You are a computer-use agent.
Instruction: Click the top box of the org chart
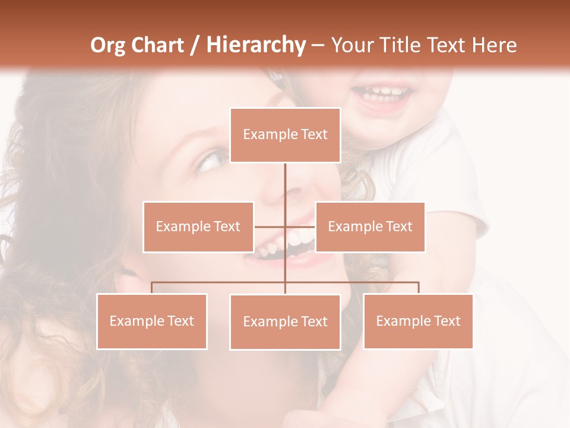(285, 135)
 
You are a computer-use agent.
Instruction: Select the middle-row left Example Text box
(198, 226)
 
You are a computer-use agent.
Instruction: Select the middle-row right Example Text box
(370, 226)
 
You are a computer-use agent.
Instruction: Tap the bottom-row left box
(151, 322)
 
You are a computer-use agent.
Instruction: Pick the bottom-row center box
(285, 322)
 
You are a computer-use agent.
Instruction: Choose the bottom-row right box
(418, 321)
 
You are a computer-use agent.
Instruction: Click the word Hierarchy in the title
(255, 45)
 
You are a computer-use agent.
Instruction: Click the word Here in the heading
(494, 45)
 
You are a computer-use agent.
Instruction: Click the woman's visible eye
(210, 160)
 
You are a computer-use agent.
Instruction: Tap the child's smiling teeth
(382, 92)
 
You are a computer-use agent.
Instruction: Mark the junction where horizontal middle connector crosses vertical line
(285, 226)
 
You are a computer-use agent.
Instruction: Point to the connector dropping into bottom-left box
(151, 288)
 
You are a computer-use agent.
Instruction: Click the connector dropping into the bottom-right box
(419, 288)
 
